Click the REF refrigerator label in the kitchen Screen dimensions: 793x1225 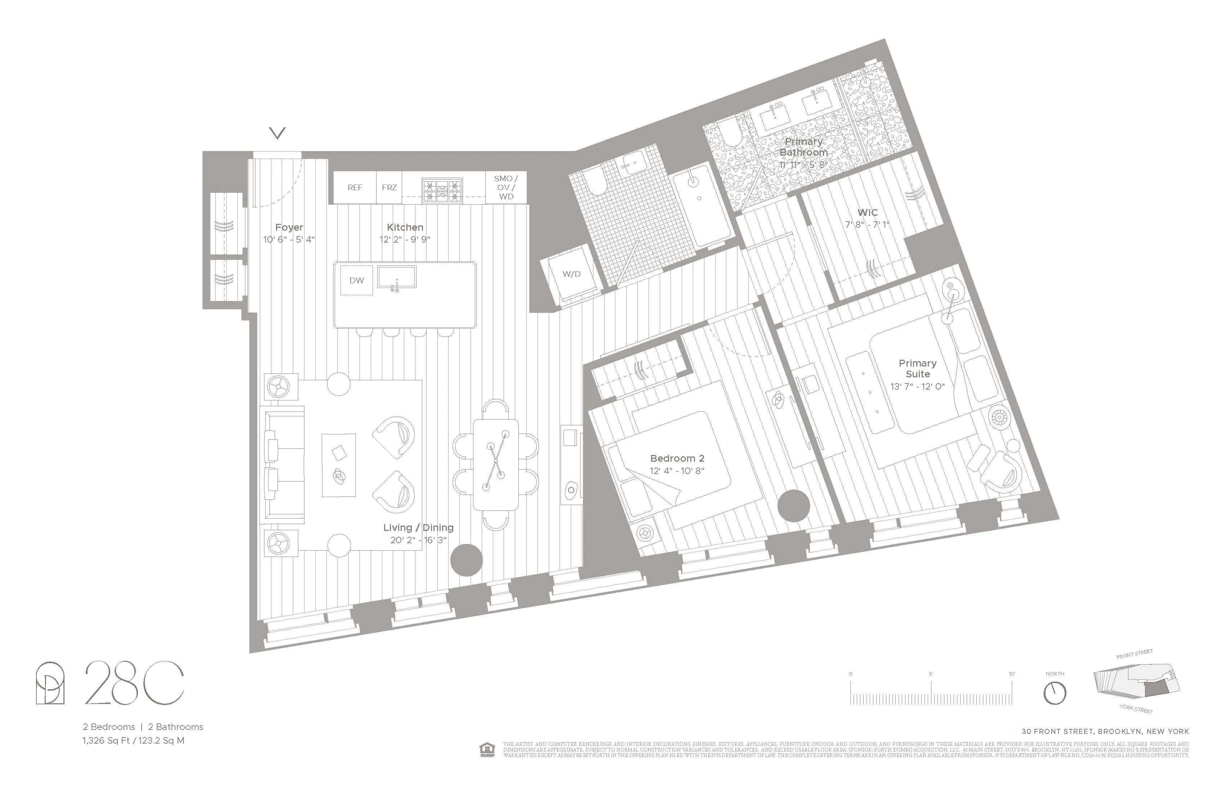pos(355,187)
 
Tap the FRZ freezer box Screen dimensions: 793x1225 pos(389,187)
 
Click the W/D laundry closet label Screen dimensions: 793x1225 pos(571,274)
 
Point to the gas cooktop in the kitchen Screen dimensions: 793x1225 pos(442,191)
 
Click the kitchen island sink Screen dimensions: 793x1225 pos(397,277)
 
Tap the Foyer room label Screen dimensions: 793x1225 pos(289,227)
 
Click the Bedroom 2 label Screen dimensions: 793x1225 pos(677,458)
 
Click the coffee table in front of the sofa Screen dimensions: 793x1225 pos(339,465)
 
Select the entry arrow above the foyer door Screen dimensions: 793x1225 pos(277,133)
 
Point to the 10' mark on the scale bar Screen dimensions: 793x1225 pos(1012,674)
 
